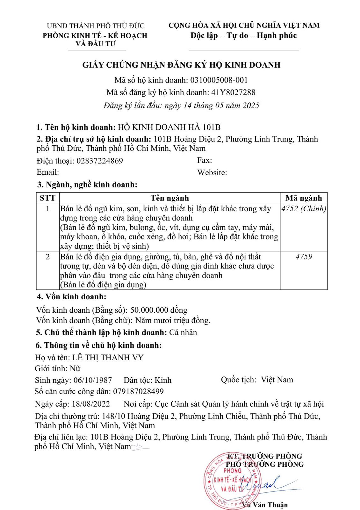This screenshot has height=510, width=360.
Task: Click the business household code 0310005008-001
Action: tap(219, 80)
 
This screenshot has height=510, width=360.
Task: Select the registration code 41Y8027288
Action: tap(233, 92)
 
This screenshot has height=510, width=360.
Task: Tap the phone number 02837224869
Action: tap(99, 161)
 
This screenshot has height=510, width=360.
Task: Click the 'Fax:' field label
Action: tap(205, 160)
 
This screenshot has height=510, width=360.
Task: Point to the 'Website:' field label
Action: tap(212, 173)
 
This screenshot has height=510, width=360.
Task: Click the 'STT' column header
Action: tap(47, 198)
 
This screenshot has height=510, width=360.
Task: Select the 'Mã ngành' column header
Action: tap(304, 198)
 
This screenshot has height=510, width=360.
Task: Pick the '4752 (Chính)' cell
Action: tap(304, 209)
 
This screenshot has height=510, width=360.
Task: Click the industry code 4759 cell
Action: tap(304, 257)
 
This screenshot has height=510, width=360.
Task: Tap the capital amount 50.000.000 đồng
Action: tap(159, 310)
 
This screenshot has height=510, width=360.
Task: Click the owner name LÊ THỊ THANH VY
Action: tap(108, 358)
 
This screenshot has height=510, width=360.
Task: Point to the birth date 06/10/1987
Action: tap(93, 380)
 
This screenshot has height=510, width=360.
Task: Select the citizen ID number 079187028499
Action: tap(138, 391)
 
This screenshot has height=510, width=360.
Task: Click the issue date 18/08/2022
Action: tap(91, 404)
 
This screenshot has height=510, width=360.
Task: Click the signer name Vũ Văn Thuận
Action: tap(265, 505)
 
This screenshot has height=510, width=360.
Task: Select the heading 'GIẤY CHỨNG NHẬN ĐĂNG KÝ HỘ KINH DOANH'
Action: tap(181, 65)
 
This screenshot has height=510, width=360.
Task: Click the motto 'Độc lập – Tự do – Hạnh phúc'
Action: tap(244, 35)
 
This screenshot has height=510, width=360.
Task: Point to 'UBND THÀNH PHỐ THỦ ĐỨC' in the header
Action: tap(96, 26)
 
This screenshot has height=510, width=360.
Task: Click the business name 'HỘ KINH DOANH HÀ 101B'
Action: tap(169, 127)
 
